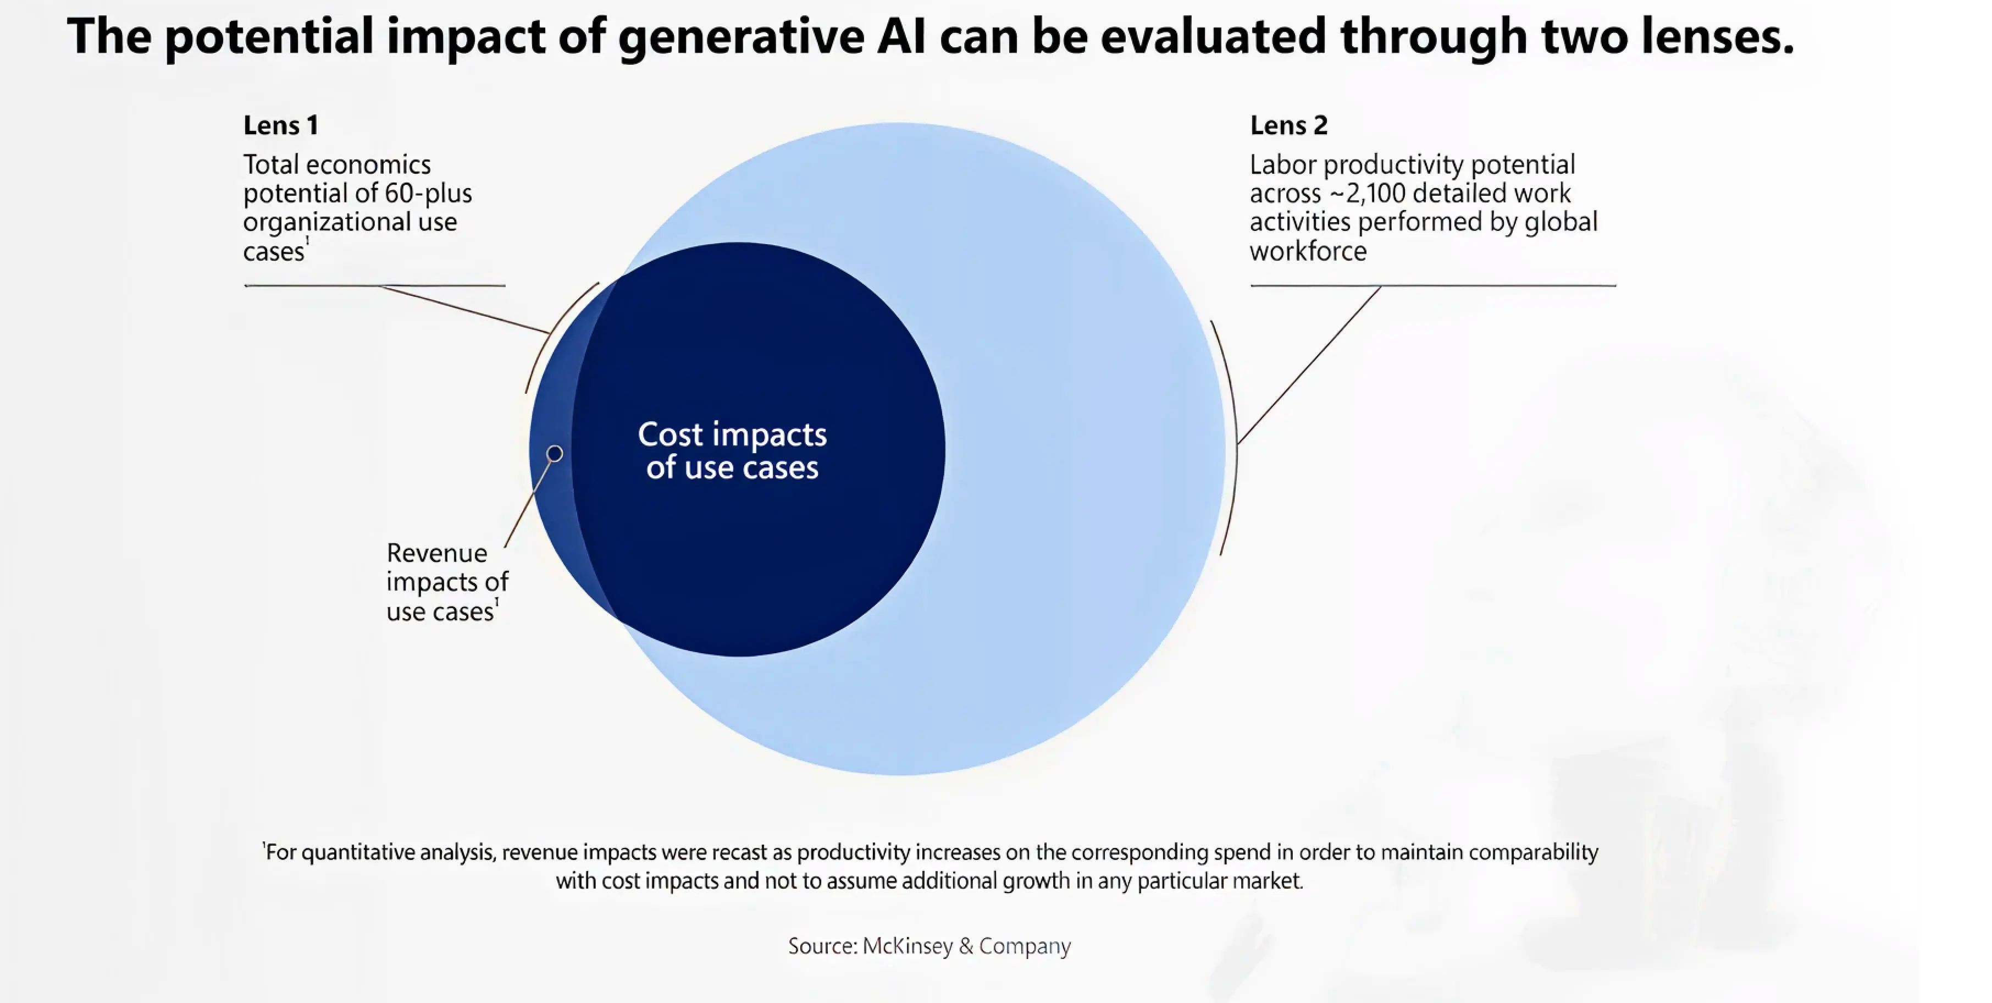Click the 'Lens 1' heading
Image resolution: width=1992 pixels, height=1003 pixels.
(x=280, y=125)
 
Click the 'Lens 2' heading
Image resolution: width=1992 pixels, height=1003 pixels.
(x=1288, y=125)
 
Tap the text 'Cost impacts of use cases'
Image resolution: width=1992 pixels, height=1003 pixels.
(x=732, y=451)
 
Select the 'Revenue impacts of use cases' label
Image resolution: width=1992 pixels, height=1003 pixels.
(x=446, y=582)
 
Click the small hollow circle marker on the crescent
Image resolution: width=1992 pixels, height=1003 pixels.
(x=555, y=453)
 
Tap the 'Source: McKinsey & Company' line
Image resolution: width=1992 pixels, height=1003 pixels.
(x=929, y=946)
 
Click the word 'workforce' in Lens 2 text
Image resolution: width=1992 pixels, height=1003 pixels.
(x=1308, y=251)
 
